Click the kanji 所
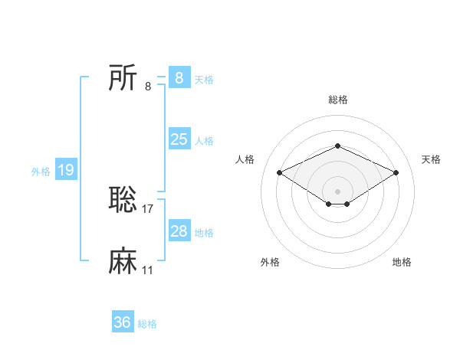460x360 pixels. point(123,77)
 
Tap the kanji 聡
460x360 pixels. point(123,200)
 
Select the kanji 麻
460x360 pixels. point(123,261)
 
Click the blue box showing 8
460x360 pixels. point(179,77)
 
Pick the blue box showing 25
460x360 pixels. point(179,139)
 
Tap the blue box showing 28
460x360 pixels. point(179,231)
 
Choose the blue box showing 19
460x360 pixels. point(66,170)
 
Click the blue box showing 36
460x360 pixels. point(123,322)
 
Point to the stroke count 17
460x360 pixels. point(148,208)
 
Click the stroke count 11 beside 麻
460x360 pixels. point(148,270)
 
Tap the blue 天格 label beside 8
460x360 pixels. point(204,79)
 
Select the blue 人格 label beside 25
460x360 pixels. point(204,141)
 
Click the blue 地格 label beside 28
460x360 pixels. point(204,233)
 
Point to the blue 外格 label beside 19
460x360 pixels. point(41,172)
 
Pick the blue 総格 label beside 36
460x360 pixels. point(147,324)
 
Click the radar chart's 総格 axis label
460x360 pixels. point(337,100)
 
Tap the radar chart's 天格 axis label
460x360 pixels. point(431,159)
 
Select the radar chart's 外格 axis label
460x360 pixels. point(270,262)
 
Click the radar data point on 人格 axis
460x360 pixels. point(279,172)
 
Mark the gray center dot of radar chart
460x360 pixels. point(337,191)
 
